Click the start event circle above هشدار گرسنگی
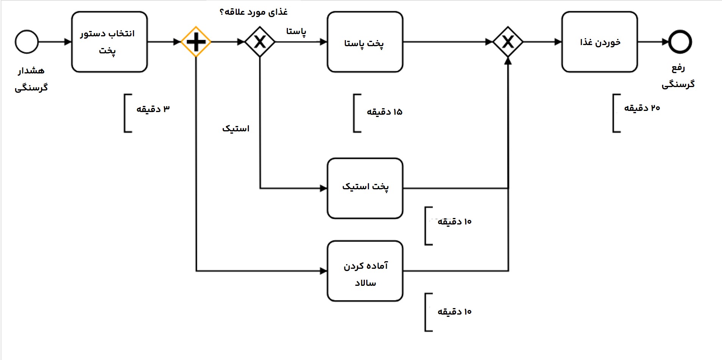[27, 42]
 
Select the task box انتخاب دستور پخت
[109, 42]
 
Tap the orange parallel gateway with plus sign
[196, 42]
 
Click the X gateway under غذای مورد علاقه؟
[260, 42]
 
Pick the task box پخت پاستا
[365, 42]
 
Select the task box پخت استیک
[365, 188]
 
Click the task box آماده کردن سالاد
[365, 271]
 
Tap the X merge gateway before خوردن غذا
[508, 42]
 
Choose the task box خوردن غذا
[599, 42]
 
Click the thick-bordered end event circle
[680, 42]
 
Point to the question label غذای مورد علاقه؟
[253, 12]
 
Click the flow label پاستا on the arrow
[296, 31]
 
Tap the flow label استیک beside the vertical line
[236, 129]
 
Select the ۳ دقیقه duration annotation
[153, 109]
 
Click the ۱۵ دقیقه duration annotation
[384, 112]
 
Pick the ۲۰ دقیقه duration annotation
[642, 108]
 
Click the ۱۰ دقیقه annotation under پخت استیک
[454, 222]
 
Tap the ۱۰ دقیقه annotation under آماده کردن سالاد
[454, 312]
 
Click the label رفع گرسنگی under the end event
[678, 76]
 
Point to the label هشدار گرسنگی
[31, 79]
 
